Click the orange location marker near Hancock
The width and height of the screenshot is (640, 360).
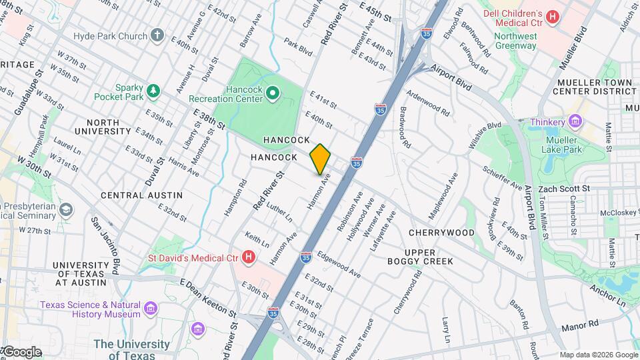tap(320, 159)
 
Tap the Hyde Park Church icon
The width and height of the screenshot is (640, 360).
tap(157, 35)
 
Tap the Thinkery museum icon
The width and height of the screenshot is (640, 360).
tap(575, 121)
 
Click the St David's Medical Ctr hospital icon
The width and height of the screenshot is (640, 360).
tap(249, 256)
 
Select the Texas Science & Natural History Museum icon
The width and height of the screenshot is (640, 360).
tap(151, 309)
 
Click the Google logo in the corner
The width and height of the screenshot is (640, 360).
tap(21, 351)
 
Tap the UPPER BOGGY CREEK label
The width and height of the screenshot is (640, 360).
tap(420, 257)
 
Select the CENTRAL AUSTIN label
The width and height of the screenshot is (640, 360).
tap(141, 195)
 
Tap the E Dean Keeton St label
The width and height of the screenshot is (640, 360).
tap(208, 297)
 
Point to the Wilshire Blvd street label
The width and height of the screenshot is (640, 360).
tap(485, 134)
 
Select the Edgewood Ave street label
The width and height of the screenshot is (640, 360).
tap(339, 265)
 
